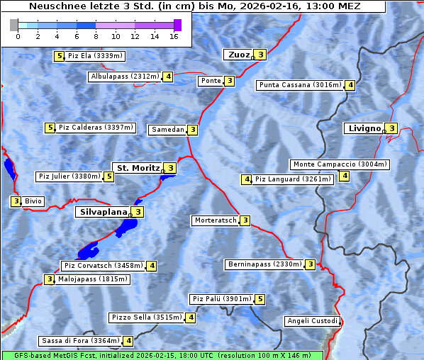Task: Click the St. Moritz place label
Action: [x=138, y=168]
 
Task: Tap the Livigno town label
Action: [x=364, y=128]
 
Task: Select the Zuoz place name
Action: [x=238, y=55]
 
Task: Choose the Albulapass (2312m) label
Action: [x=124, y=77]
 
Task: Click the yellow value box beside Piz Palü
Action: [x=260, y=299]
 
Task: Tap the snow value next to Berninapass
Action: [x=311, y=264]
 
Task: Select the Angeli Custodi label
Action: [x=312, y=321]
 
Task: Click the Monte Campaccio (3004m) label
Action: [x=340, y=164]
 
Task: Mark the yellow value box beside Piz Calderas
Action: [x=50, y=128]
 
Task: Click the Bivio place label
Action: [x=33, y=201]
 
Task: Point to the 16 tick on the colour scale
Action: [x=174, y=35]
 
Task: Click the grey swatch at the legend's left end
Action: [x=14, y=26]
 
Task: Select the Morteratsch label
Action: [x=215, y=220]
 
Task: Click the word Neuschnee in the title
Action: [x=53, y=6]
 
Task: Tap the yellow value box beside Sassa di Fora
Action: [x=128, y=341]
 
